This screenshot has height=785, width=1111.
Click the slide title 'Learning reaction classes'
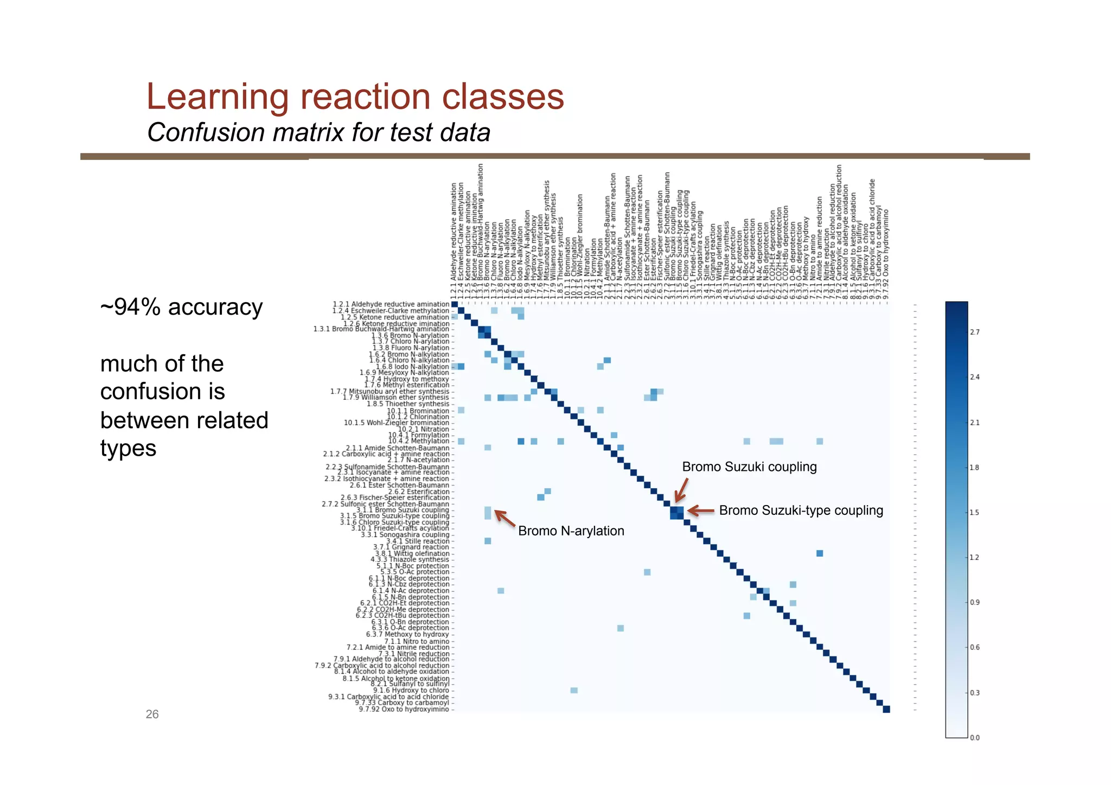coord(355,97)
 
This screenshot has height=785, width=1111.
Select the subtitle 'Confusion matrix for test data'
coord(318,132)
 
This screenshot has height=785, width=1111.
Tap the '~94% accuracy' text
coord(181,307)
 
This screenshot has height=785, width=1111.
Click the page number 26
coord(152,714)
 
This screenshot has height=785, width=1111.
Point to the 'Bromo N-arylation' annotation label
coord(571,531)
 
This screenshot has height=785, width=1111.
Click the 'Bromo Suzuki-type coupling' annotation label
coord(801,510)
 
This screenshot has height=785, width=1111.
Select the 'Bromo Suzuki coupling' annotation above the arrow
coord(749,467)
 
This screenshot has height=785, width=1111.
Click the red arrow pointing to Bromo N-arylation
coord(505,519)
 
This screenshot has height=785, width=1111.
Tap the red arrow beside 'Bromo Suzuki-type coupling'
coord(701,510)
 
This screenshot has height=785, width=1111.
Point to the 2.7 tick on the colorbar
coord(975,332)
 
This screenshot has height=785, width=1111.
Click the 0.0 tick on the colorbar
coord(975,738)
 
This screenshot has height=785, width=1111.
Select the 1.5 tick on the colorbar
coord(975,513)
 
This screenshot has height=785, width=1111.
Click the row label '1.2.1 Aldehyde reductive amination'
coord(391,304)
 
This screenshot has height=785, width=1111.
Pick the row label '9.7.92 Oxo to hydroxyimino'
coord(404,709)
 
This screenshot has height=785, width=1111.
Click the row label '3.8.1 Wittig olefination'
coord(412,553)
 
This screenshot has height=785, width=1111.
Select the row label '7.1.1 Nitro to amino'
coord(417,641)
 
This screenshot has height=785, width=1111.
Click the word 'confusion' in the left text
coord(162,392)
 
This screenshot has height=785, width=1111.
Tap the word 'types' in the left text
coord(128,449)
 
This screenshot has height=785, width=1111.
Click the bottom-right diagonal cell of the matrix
coord(886,709)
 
